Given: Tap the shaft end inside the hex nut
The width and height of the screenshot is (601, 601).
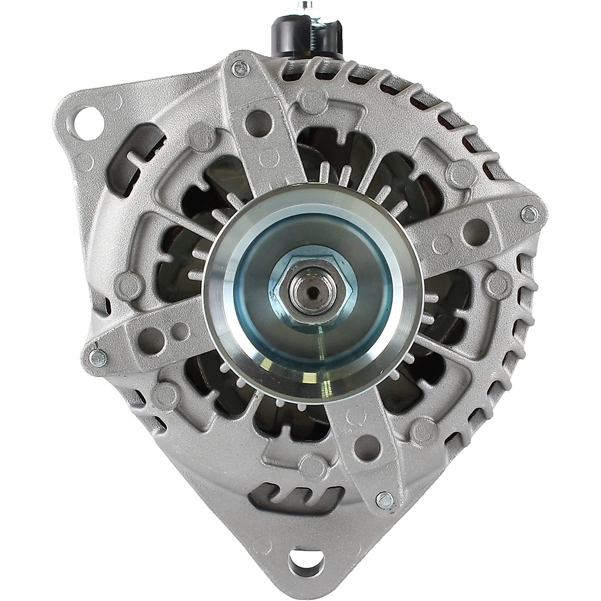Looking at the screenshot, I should coord(310,290).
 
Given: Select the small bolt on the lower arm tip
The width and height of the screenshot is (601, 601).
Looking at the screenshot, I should coord(385,498).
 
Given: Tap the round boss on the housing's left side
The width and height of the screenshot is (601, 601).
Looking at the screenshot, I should coord(127,284).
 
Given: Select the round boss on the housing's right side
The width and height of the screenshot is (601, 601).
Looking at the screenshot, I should coord(498,283).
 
